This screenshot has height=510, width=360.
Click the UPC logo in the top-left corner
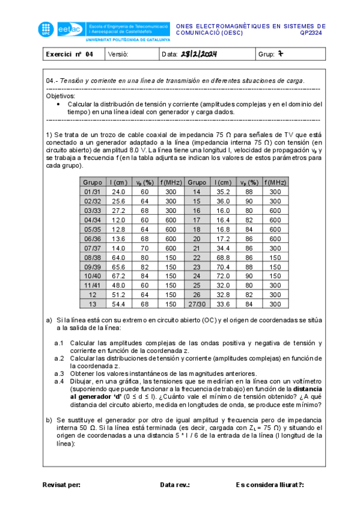tap(46, 28)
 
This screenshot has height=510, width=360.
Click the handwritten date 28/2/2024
tap(198, 55)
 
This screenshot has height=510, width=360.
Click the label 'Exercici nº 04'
tap(70, 55)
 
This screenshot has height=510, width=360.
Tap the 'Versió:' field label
tap(118, 55)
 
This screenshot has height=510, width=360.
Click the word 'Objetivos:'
tap(61, 96)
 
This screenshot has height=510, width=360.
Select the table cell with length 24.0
tap(118, 192)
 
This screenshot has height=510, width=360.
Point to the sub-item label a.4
tap(59, 381)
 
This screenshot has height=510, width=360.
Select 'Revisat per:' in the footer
tap(61, 484)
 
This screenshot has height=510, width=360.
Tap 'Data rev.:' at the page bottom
tap(175, 484)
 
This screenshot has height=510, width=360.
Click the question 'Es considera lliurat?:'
tap(270, 484)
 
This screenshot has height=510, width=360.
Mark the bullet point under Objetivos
tap(58, 104)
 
